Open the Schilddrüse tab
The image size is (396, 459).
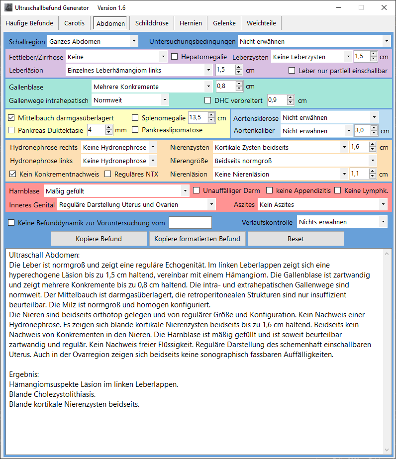(152, 23)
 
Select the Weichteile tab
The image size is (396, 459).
(261, 23)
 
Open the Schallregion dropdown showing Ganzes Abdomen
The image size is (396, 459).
(93, 41)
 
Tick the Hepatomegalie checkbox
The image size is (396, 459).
(175, 57)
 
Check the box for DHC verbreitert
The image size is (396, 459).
(208, 100)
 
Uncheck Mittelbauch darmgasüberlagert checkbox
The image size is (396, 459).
(12, 118)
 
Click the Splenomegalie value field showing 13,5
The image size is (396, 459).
(197, 118)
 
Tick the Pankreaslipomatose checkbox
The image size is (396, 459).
(135, 130)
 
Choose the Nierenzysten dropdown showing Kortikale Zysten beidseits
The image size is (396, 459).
(280, 147)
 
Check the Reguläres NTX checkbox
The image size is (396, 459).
(108, 174)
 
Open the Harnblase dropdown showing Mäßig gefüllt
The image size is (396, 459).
(116, 190)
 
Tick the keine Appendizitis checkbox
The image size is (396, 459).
(270, 190)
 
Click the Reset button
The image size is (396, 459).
(296, 239)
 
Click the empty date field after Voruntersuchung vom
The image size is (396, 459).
(190, 222)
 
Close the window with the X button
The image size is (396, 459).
(384, 8)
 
